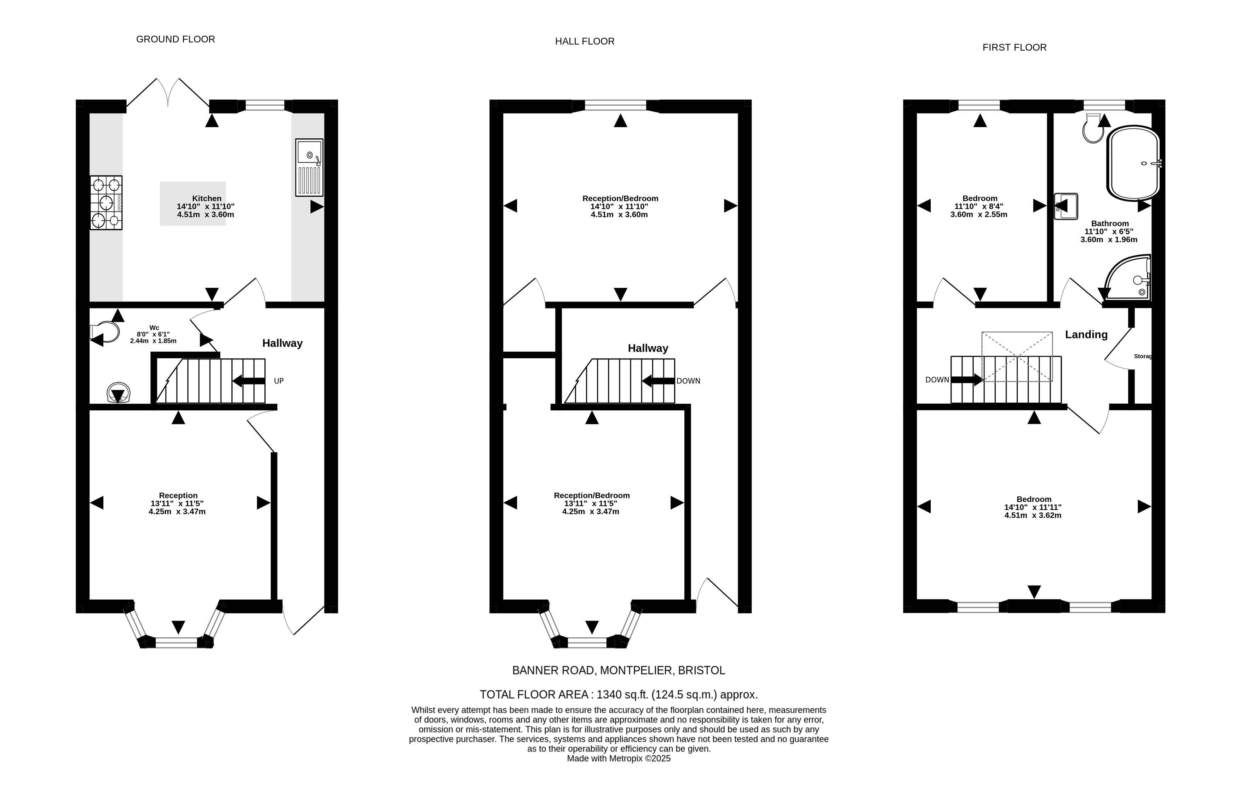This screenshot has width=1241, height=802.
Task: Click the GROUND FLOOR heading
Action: (176, 39)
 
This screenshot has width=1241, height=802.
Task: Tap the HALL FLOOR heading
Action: (585, 41)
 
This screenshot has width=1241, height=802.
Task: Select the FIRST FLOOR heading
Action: (1015, 47)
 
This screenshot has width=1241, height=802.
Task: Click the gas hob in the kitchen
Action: (106, 203)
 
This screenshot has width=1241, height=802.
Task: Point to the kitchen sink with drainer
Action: (309, 167)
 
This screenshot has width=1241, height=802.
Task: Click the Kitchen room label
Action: (207, 198)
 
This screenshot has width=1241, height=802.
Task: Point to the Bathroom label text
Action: (1110, 224)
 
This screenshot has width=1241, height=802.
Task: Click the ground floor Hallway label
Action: (282, 343)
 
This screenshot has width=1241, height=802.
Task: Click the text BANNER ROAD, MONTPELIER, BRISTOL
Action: (619, 671)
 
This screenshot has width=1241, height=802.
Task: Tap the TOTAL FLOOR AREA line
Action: (619, 695)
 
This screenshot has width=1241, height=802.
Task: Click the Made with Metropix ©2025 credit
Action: (619, 759)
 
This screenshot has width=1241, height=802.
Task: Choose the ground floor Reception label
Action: (178, 496)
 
